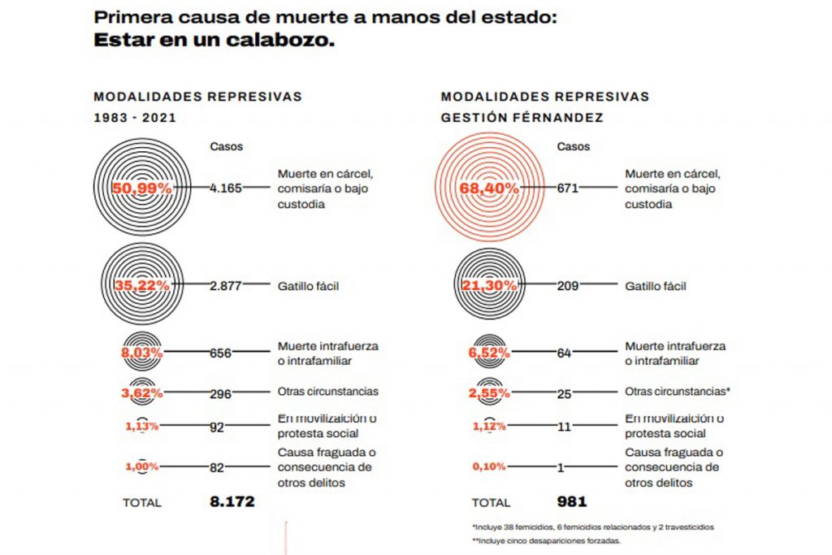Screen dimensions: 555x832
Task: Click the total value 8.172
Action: [x=232, y=502]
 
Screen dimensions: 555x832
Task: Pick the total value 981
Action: [x=572, y=502]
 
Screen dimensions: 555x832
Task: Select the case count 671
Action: [x=567, y=188]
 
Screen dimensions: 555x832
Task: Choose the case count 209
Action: [x=567, y=286]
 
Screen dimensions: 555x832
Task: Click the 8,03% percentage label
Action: [x=141, y=353]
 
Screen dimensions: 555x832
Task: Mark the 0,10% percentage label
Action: [x=489, y=467]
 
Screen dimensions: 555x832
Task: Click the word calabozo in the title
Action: [x=279, y=41]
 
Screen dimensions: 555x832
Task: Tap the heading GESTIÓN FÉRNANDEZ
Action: [x=522, y=117]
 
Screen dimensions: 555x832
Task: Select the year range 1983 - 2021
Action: [x=135, y=117]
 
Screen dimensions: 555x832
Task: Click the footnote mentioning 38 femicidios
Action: [x=591, y=527]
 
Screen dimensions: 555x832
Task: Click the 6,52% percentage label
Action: [x=489, y=353]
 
